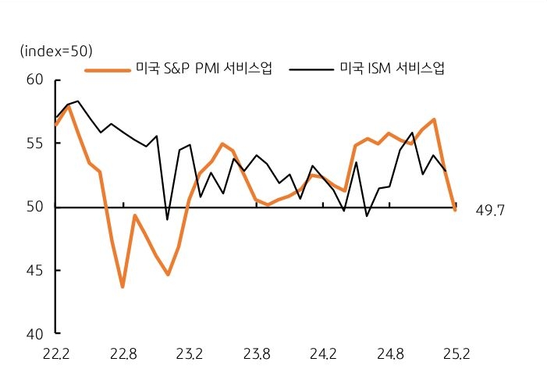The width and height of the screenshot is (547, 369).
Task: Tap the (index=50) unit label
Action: point(56,51)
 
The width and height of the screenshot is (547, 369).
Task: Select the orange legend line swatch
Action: point(107,69)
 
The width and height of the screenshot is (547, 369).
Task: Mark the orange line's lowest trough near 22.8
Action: point(123,286)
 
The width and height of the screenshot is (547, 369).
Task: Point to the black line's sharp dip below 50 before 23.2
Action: point(167,219)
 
